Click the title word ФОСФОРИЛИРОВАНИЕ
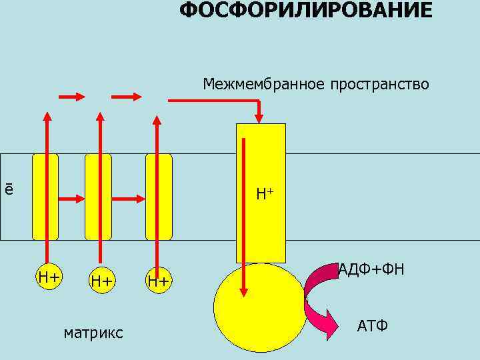pyautogui.click(x=306, y=11)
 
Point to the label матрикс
pyautogui.click(x=93, y=332)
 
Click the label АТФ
pyautogui.click(x=373, y=326)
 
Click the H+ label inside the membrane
pyautogui.click(x=265, y=195)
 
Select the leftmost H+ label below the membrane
pyautogui.click(x=49, y=276)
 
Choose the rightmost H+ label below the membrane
pyautogui.click(x=159, y=281)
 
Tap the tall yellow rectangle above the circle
pyautogui.click(x=261, y=193)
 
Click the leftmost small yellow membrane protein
pyautogui.click(x=45, y=197)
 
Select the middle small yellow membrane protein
pyautogui.click(x=98, y=197)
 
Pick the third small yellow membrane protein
pyautogui.click(x=159, y=197)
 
